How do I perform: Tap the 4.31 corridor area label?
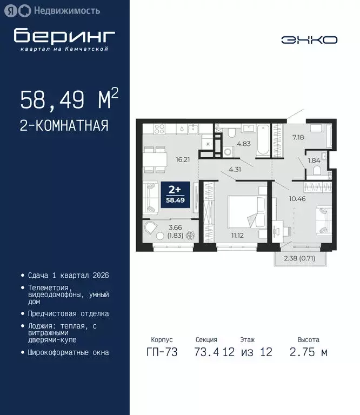[x=235, y=169]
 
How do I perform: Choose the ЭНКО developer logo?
[x=309, y=39]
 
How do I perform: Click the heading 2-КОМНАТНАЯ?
[x=64, y=126]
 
